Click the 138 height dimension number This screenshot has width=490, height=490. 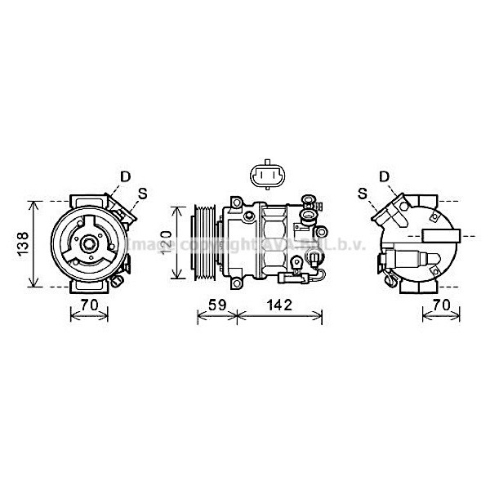click(24, 243)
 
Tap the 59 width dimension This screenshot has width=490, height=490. click(216, 305)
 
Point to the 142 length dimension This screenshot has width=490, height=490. click(278, 305)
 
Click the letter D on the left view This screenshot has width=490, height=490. click(125, 176)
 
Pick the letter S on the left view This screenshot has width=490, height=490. click(142, 194)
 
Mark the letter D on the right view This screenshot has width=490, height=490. click(384, 176)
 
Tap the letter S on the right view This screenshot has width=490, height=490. click(363, 194)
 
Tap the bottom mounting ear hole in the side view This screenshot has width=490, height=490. click(236, 283)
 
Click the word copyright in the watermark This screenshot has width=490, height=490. click(213, 245)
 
